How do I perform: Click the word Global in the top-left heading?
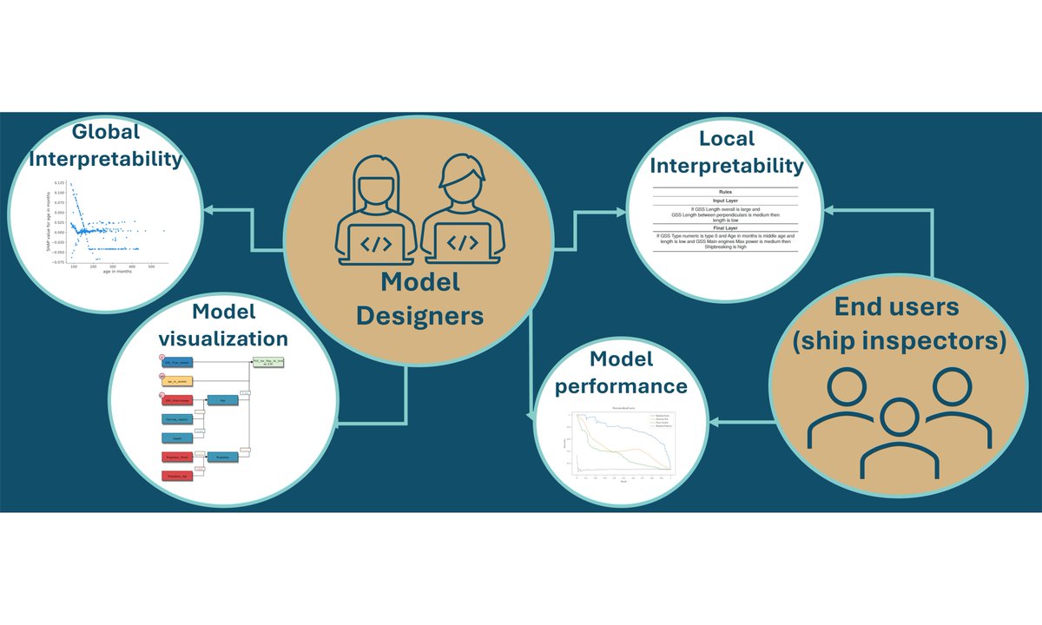(106, 133)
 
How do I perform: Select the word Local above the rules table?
(726, 139)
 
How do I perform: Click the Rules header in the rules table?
(726, 191)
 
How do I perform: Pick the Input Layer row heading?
(726, 201)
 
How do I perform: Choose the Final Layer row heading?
(726, 229)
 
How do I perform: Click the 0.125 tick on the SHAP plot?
(58, 183)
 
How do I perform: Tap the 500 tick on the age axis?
(151, 266)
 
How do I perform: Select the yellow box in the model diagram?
(179, 381)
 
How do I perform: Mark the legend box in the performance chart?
(663, 421)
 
